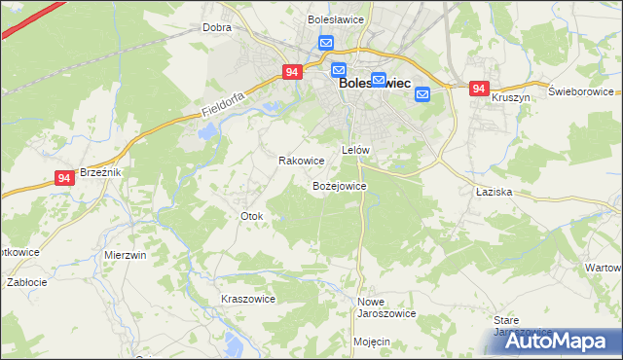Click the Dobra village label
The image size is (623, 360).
pos(216,27)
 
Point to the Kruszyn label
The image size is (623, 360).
pos(510,98)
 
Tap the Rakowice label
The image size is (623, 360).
pos(301,161)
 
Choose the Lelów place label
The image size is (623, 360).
pos(355,150)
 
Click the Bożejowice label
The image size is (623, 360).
pos(338,185)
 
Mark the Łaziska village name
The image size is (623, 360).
pos(495,192)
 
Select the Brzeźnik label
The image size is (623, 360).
pos(99,171)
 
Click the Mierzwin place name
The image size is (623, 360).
pos(125,255)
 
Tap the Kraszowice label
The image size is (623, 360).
pos(248,299)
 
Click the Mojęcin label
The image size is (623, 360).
pos(372,342)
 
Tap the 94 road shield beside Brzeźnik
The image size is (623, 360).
pos(64,178)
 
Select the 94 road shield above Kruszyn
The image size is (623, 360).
pos(478,89)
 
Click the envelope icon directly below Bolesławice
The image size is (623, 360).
pos(326,44)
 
